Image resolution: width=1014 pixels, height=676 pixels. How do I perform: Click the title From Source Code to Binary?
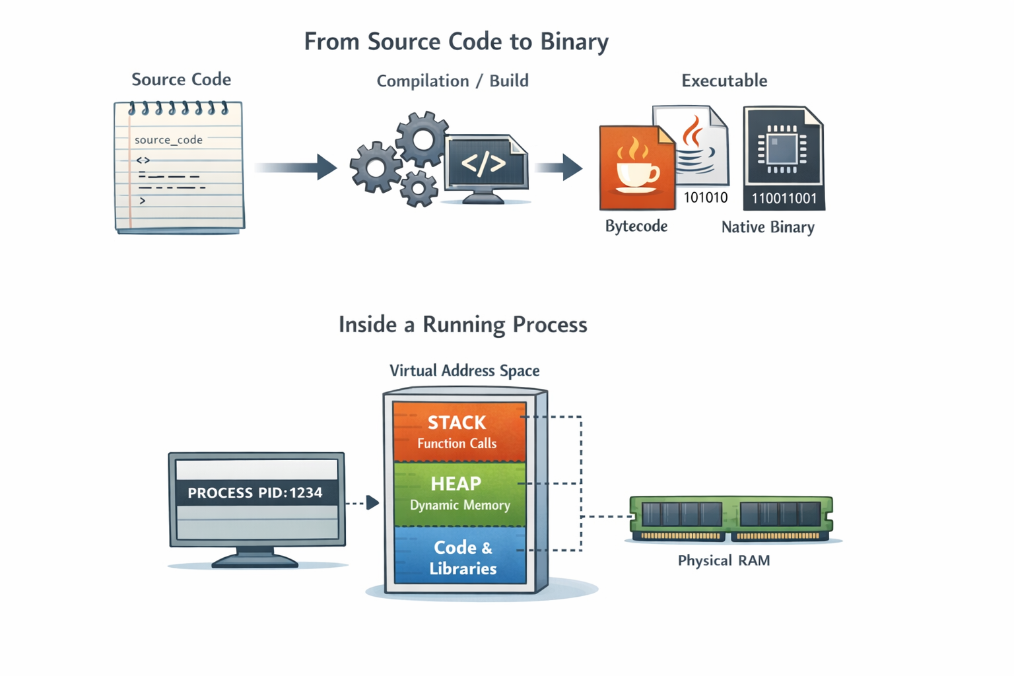456,42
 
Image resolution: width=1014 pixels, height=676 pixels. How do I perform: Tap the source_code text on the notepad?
168,140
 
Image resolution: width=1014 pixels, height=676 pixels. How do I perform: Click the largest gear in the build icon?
422,139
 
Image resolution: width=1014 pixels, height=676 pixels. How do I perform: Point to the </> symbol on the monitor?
484,163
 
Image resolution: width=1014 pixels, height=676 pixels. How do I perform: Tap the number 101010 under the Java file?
706,197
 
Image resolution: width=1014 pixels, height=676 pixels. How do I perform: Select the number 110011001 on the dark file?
784,198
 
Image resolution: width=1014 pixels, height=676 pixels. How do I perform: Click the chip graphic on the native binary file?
782,149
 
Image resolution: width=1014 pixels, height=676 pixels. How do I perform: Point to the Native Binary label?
768,227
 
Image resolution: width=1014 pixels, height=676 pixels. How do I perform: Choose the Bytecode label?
636,226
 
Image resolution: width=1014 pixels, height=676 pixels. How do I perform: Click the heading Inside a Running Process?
463,325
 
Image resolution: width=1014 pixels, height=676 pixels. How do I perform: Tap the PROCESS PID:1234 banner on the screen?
256,492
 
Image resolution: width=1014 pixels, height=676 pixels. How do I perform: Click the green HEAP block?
459,493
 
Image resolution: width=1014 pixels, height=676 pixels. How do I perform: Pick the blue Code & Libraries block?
460,557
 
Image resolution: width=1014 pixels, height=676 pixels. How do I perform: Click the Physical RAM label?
724,560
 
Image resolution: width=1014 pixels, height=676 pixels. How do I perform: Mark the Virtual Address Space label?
464,370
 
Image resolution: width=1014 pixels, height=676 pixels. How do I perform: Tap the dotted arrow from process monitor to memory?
362,503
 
